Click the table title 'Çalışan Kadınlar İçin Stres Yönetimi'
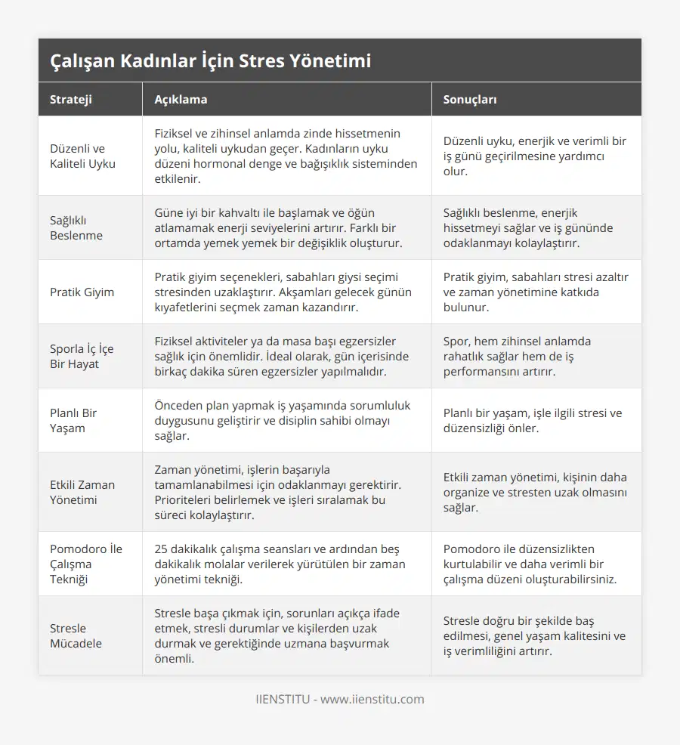click(x=211, y=60)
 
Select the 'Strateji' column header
click(x=72, y=99)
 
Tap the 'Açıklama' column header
click(x=181, y=99)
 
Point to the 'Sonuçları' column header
click(x=470, y=99)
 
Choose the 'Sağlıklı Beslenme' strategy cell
click(x=76, y=227)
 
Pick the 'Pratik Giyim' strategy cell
click(x=82, y=292)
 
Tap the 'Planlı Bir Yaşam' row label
click(x=73, y=420)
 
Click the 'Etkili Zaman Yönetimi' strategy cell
click(x=82, y=492)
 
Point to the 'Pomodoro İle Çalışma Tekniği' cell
click(x=85, y=564)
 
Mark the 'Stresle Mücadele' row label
click(x=76, y=635)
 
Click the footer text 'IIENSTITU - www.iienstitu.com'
click(x=340, y=699)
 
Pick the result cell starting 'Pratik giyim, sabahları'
click(x=535, y=292)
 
